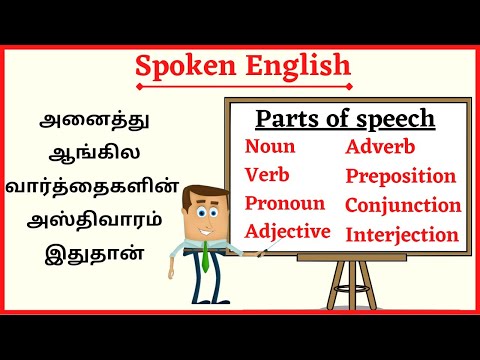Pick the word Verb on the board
point(267,175)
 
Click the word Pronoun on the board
point(285,204)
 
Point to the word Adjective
point(288,232)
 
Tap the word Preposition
point(401,176)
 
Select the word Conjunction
point(403,205)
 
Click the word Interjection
point(402,235)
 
